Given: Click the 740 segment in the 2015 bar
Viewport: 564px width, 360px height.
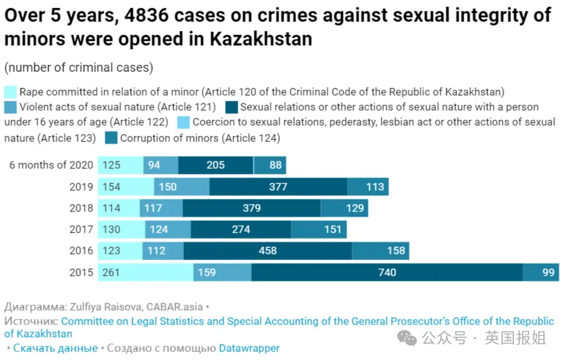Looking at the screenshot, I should coord(386,272).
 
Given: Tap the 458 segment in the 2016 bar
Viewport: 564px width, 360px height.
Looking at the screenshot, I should coord(268,251).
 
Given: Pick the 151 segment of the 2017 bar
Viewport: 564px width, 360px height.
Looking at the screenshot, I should coord(319,230).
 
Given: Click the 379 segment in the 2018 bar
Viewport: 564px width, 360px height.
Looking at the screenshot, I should coord(251,208).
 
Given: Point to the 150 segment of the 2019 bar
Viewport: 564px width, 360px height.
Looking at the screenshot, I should coord(181,187).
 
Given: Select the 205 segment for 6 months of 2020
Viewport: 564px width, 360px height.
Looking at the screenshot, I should coord(216,166).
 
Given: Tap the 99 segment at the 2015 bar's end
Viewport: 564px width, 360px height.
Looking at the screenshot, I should coord(541,272).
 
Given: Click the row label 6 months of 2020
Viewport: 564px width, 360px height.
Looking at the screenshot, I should coord(51,166).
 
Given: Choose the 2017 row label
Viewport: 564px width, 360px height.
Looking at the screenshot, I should coord(81,230).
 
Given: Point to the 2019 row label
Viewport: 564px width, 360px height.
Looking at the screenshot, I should coord(81,187).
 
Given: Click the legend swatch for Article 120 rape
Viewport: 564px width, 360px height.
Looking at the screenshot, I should coord(11,92).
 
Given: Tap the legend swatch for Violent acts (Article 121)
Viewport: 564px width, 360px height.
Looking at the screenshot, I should coord(11,107).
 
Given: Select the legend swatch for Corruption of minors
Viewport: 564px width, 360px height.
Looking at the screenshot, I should coord(111,137).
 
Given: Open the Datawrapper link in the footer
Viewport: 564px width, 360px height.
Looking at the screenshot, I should coord(249,348).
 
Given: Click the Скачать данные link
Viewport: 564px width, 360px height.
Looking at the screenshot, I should coord(55,348).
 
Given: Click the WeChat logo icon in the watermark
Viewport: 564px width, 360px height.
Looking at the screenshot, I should coord(408,338).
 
